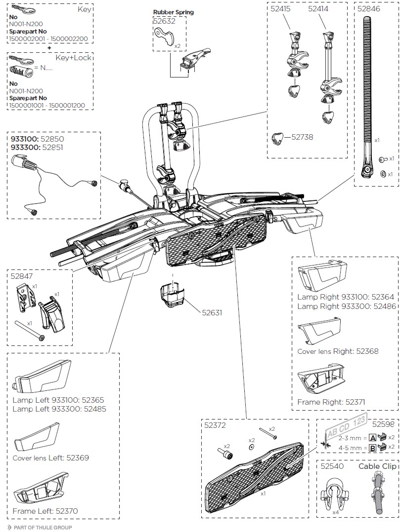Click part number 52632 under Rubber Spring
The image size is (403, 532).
click(x=163, y=21)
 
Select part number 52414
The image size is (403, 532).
click(x=318, y=8)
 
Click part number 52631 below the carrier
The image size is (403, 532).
click(x=212, y=312)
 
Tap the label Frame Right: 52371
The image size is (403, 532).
click(x=331, y=402)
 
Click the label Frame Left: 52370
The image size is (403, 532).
click(x=45, y=511)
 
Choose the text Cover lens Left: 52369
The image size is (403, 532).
click(x=50, y=458)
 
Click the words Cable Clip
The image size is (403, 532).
click(x=378, y=466)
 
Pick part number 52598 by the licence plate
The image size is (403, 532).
click(x=384, y=424)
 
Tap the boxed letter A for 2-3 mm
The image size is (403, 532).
click(x=373, y=437)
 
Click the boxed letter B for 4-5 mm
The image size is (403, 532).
click(x=373, y=448)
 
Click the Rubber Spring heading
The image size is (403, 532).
click(x=173, y=12)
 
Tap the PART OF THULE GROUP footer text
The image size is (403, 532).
click(x=43, y=528)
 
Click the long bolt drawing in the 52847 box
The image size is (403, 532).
click(x=29, y=335)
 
